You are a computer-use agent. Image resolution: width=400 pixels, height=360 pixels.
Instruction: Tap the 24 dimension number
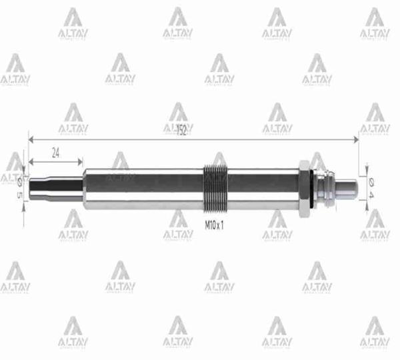(x=55, y=152)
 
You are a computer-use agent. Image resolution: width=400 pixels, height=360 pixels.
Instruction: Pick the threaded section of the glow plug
(x=215, y=189)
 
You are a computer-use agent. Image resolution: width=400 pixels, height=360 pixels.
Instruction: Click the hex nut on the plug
(x=303, y=189)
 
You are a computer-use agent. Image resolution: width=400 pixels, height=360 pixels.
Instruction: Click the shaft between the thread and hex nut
(x=263, y=189)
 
